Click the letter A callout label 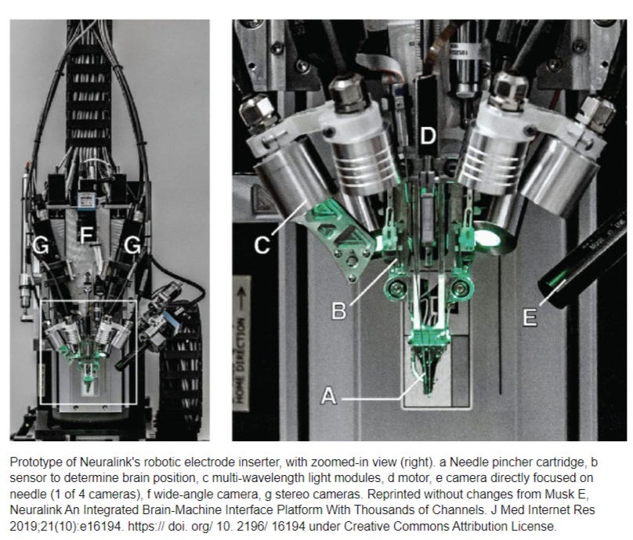(329, 397)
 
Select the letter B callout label (338, 310)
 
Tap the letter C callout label (262, 246)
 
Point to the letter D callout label (427, 136)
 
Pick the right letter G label (132, 247)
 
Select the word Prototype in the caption (35, 461)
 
